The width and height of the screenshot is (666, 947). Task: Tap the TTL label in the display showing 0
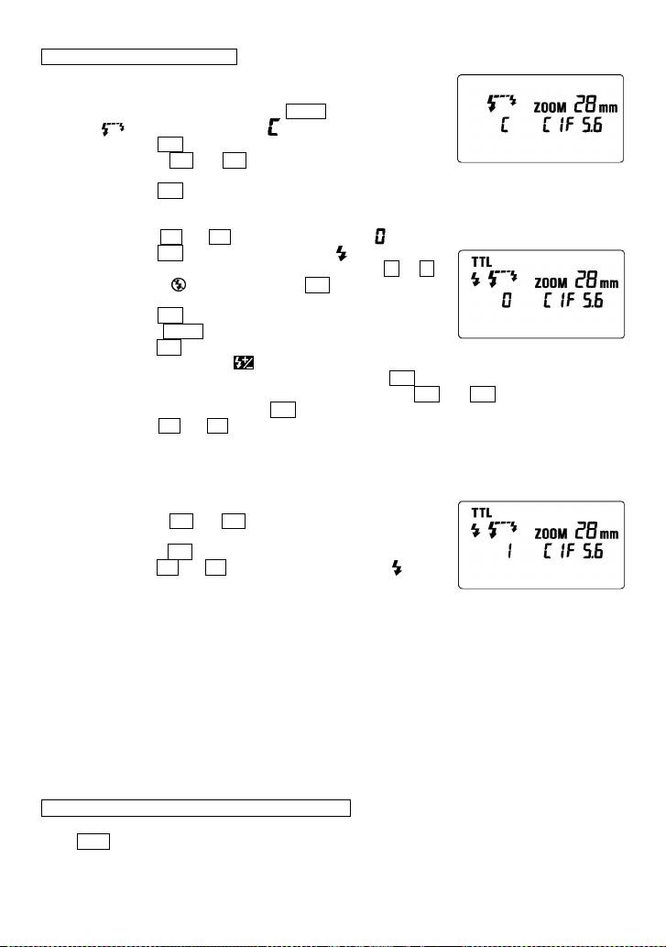481,259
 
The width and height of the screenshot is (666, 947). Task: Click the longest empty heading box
196,808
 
